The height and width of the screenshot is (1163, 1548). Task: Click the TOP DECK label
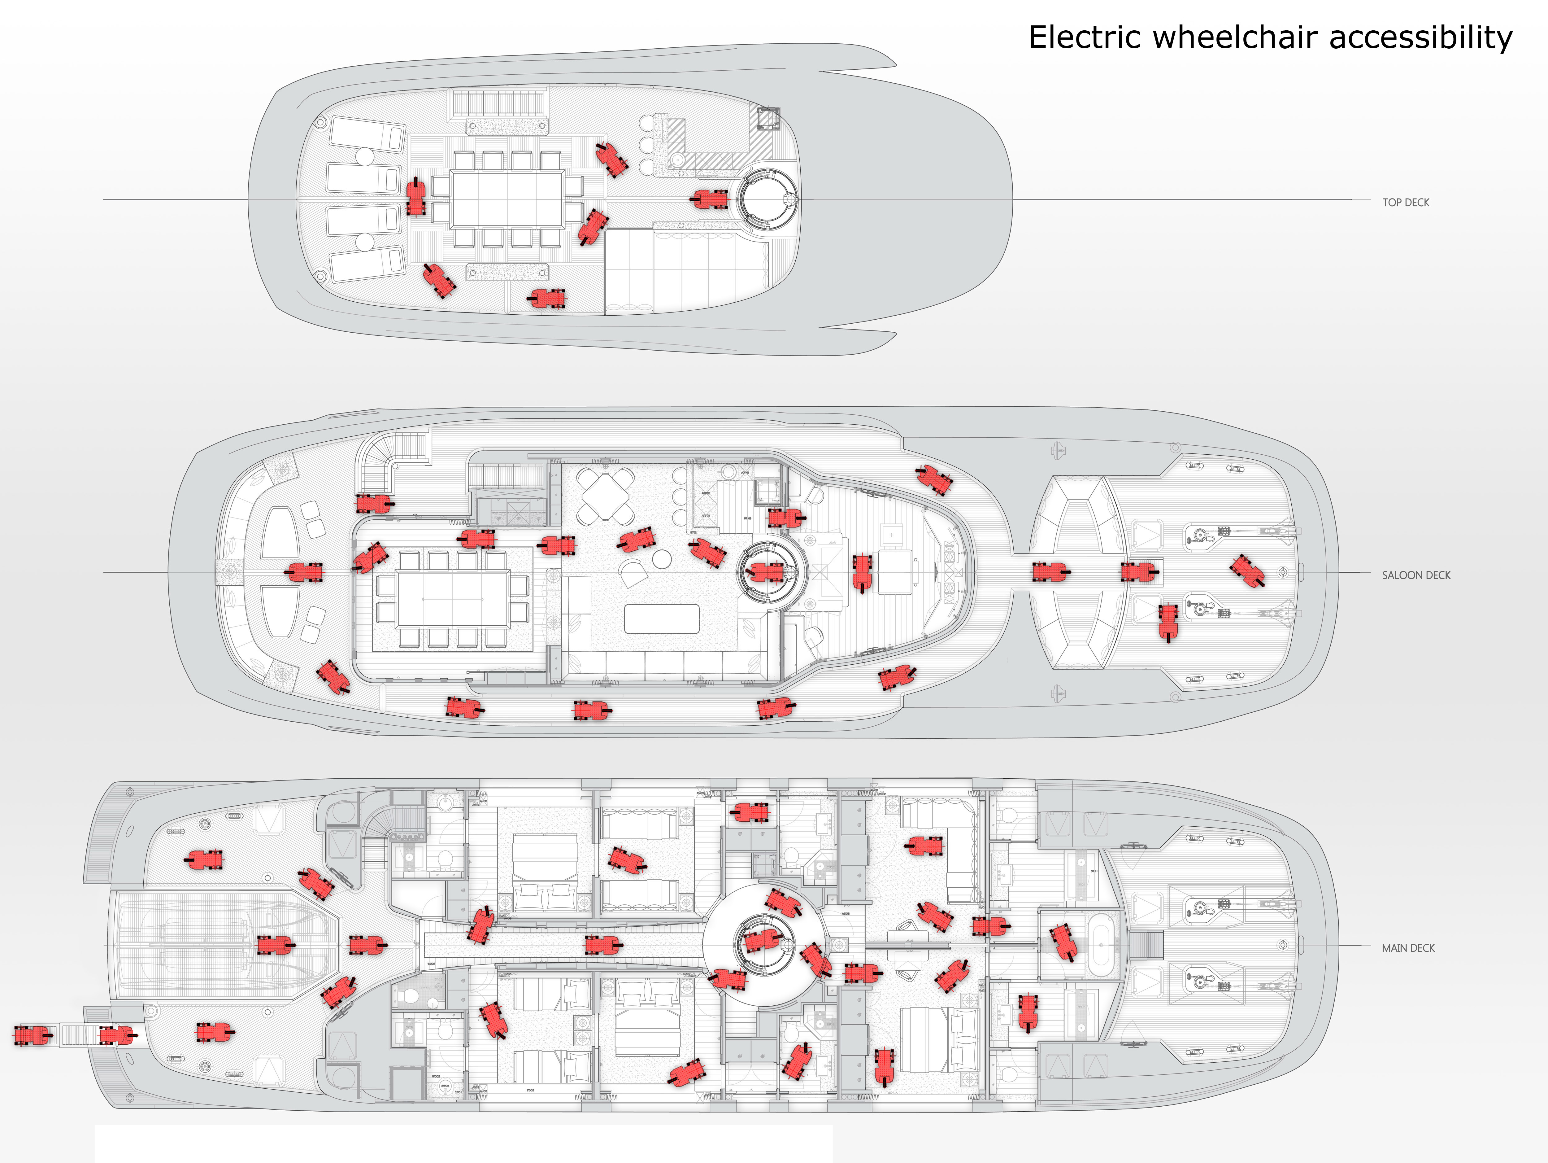click(x=1405, y=202)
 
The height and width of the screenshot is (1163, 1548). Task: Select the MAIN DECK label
click(x=1408, y=948)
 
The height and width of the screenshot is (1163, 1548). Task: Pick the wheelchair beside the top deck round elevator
click(x=710, y=199)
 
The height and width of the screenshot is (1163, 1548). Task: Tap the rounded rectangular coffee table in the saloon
click(x=661, y=619)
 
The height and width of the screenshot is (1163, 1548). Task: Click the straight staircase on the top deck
click(x=498, y=103)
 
